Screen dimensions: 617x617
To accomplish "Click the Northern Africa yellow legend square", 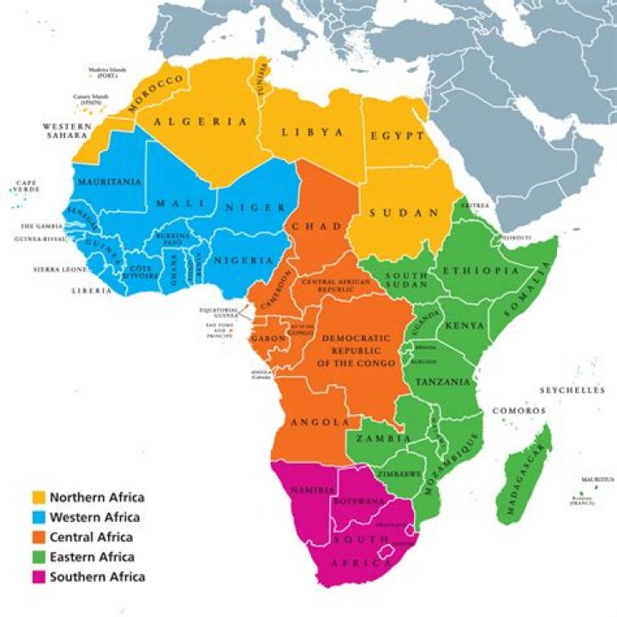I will point(39,497).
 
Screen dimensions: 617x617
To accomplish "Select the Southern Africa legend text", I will point(97,577).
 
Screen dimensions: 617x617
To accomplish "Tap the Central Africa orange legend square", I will point(39,537).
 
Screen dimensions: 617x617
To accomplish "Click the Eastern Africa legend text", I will point(93,557).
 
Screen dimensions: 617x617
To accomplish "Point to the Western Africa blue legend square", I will point(39,517).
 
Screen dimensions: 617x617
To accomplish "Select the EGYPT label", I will point(397,136).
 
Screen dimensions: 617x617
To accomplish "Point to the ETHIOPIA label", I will point(481,271).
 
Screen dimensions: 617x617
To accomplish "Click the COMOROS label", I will point(518,411).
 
